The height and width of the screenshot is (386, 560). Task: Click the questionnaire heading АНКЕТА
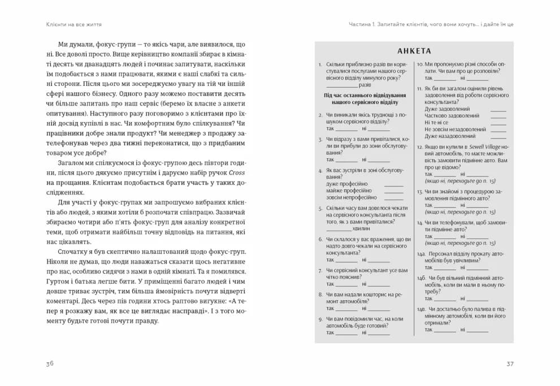(414, 51)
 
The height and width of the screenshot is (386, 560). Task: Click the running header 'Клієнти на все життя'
(78, 24)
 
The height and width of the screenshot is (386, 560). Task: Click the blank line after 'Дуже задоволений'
(498, 109)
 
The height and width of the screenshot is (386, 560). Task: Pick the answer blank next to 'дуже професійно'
(393, 184)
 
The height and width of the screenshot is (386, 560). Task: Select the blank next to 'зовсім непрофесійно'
(393, 198)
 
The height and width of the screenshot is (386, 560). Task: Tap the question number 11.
(420, 89)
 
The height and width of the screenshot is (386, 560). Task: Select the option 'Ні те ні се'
(436, 123)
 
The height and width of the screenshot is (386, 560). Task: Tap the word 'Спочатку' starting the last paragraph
(74, 251)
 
